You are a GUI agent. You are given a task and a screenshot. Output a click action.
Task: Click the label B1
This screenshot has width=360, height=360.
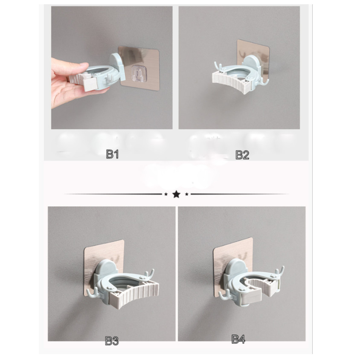pos(112,154)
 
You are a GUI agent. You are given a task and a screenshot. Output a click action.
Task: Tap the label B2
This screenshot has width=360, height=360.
pos(242,154)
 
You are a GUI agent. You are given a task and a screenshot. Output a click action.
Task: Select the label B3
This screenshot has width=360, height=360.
pos(112,341)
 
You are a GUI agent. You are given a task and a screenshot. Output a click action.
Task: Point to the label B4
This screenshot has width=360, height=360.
pos(238,340)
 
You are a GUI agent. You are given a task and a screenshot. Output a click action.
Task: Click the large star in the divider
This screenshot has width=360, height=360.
pos(176,195)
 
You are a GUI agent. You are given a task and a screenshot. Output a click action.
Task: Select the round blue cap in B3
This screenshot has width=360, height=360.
pos(104,270)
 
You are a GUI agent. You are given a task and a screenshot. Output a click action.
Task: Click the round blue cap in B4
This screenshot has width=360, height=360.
pos(235,268)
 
